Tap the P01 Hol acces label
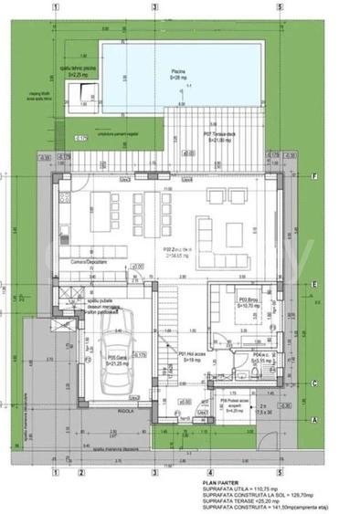click(190, 358)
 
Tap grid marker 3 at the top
click(156, 5)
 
